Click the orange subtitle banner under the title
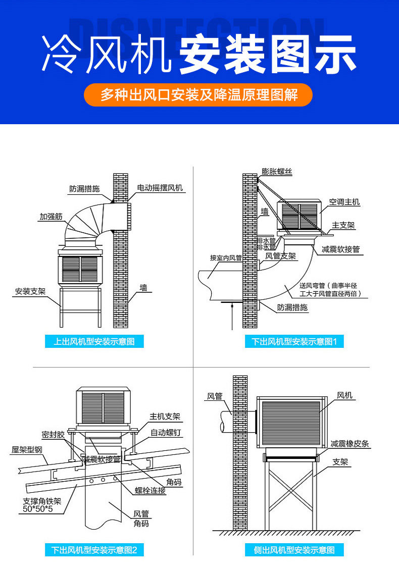click(x=198, y=95)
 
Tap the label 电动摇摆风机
click(x=160, y=188)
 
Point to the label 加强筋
click(x=51, y=217)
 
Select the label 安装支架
click(x=30, y=291)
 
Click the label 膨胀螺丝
click(x=277, y=172)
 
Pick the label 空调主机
click(x=344, y=202)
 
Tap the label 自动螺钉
click(x=165, y=433)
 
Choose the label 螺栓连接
click(x=150, y=490)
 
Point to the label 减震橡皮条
click(x=350, y=444)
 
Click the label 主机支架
click(x=165, y=417)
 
